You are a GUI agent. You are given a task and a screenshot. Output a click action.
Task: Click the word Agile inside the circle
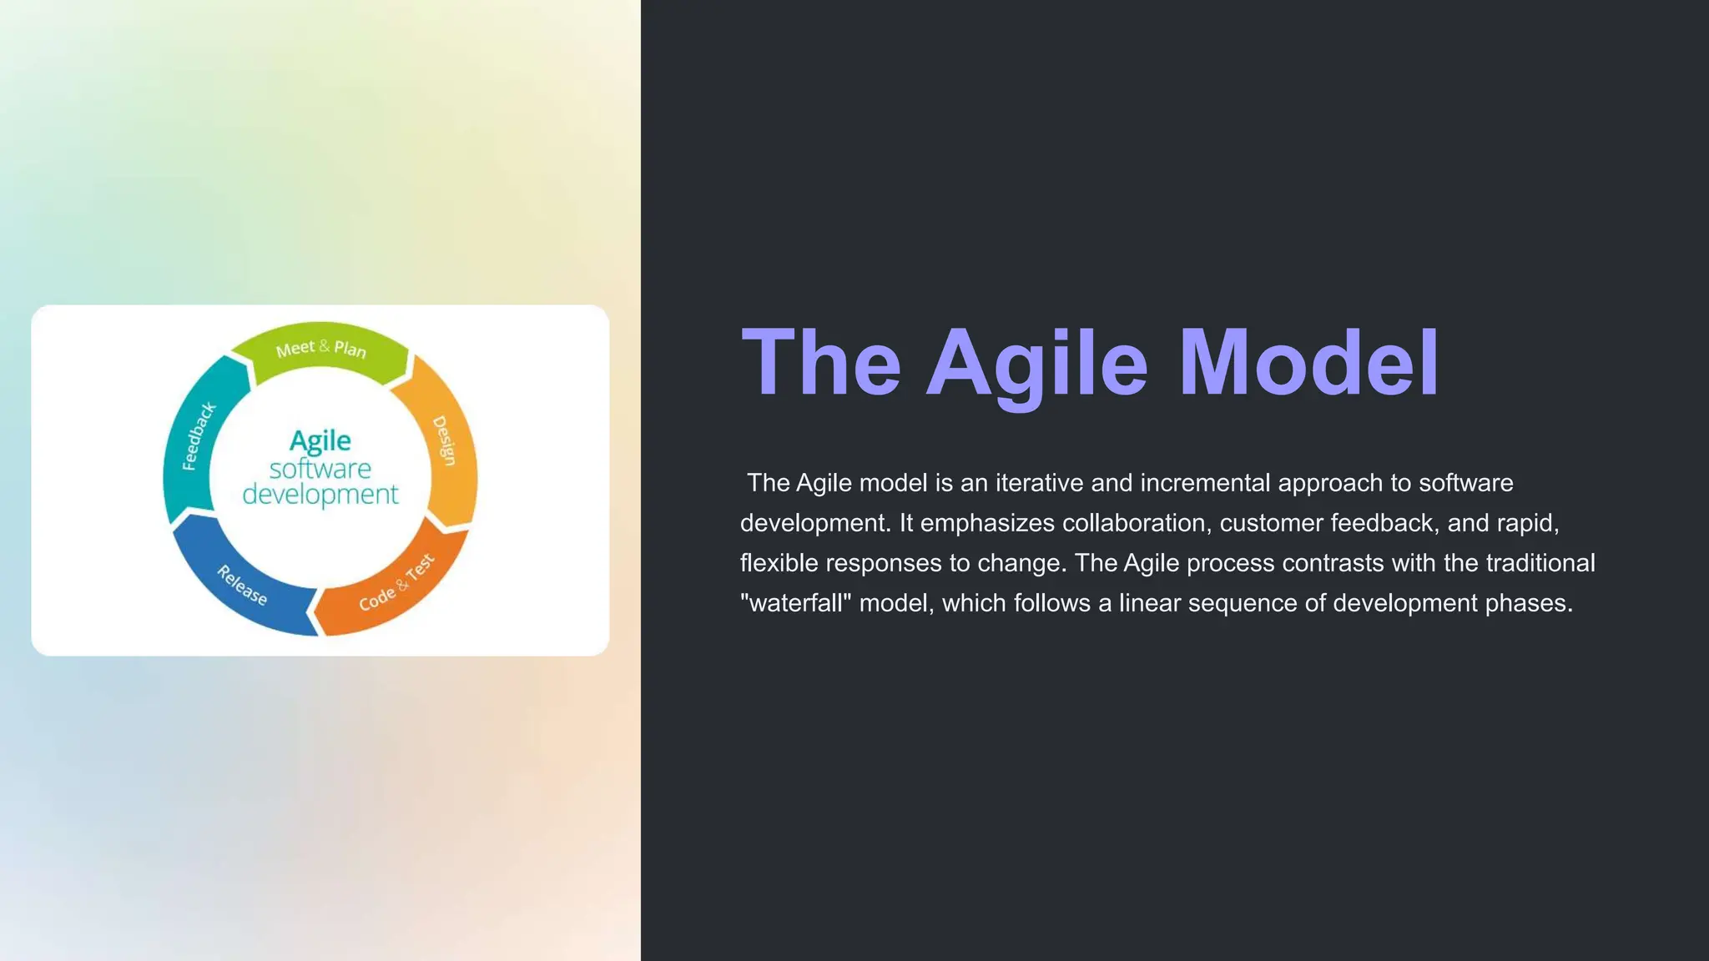[x=320, y=440]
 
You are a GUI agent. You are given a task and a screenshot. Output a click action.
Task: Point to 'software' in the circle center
[x=320, y=469]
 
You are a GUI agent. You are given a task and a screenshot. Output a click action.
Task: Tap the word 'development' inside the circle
[x=320, y=495]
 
